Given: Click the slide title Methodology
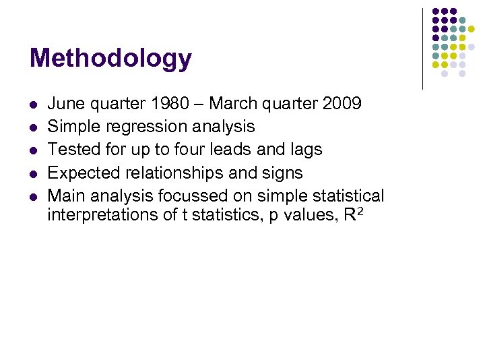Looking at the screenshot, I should pyautogui.click(x=110, y=59).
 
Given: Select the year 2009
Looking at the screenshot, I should pyautogui.click(x=342, y=103).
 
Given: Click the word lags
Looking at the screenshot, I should pyautogui.click(x=306, y=149).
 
